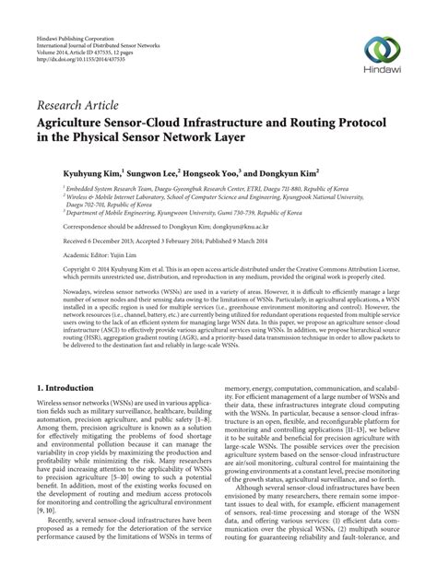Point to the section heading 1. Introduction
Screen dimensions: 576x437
(x=71, y=390)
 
